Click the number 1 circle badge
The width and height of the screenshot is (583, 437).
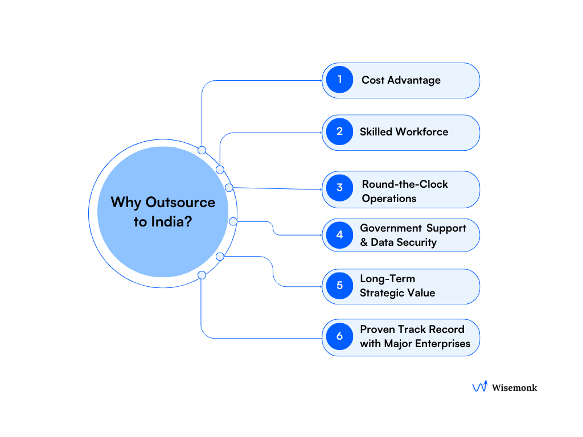pos(340,80)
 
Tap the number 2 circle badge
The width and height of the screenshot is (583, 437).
pos(340,131)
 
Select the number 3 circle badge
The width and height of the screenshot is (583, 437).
pos(340,188)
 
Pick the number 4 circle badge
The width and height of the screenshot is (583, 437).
pos(340,234)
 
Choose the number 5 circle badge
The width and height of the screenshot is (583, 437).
pos(340,286)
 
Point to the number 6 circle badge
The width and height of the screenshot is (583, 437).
pos(340,336)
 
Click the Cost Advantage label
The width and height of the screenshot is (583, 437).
pos(401,80)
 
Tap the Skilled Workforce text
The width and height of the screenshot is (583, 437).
pos(404,132)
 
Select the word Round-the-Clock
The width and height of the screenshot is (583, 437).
pos(405,184)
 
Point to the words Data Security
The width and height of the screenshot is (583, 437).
pos(404,242)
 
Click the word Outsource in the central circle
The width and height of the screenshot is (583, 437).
pos(180,203)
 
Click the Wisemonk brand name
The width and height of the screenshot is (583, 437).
pos(515,387)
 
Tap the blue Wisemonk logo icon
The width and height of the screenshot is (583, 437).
pos(479,387)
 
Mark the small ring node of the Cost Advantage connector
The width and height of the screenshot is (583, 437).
pos(202,150)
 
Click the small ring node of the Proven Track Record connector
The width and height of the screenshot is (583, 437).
pos(202,275)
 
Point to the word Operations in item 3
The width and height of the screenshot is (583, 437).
pos(389,199)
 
